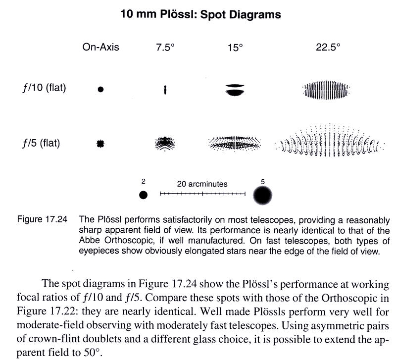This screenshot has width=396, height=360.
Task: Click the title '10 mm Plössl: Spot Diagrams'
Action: (x=200, y=14)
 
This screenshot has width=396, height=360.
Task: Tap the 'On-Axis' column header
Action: (x=101, y=48)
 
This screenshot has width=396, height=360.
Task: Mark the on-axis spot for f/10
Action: (x=101, y=90)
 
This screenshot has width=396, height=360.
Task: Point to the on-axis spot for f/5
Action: (x=101, y=144)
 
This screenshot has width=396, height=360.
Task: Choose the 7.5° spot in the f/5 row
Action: (x=165, y=143)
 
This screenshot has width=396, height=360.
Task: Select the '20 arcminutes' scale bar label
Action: (x=202, y=184)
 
